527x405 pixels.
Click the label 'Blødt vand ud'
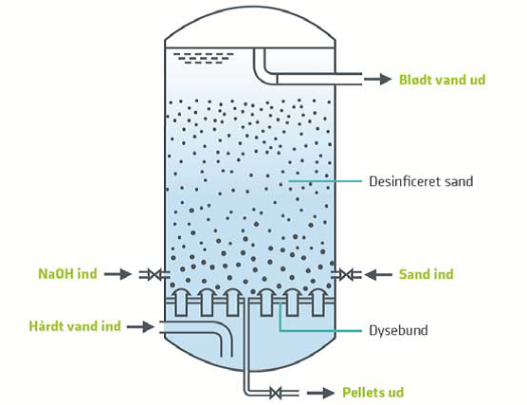(442, 80)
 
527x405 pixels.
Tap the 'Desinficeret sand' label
(421, 181)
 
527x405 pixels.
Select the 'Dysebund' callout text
(399, 330)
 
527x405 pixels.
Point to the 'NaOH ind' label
(67, 274)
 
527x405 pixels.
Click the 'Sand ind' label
(427, 274)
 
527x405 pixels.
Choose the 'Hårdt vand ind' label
(75, 326)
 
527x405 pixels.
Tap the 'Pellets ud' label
(373, 393)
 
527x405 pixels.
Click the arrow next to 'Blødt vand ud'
(378, 80)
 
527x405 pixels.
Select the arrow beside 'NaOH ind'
(118, 274)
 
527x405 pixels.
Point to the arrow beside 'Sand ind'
(378, 275)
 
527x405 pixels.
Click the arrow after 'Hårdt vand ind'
(140, 326)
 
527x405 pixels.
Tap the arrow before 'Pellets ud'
(320, 393)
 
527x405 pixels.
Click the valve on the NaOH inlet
(154, 274)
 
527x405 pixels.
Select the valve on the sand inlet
(346, 274)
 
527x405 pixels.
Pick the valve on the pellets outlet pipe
(276, 393)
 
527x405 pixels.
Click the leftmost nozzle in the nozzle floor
(181, 303)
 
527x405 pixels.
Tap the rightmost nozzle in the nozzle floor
(318, 303)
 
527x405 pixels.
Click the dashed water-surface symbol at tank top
(206, 58)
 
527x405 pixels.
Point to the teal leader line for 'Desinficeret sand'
(325, 181)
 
